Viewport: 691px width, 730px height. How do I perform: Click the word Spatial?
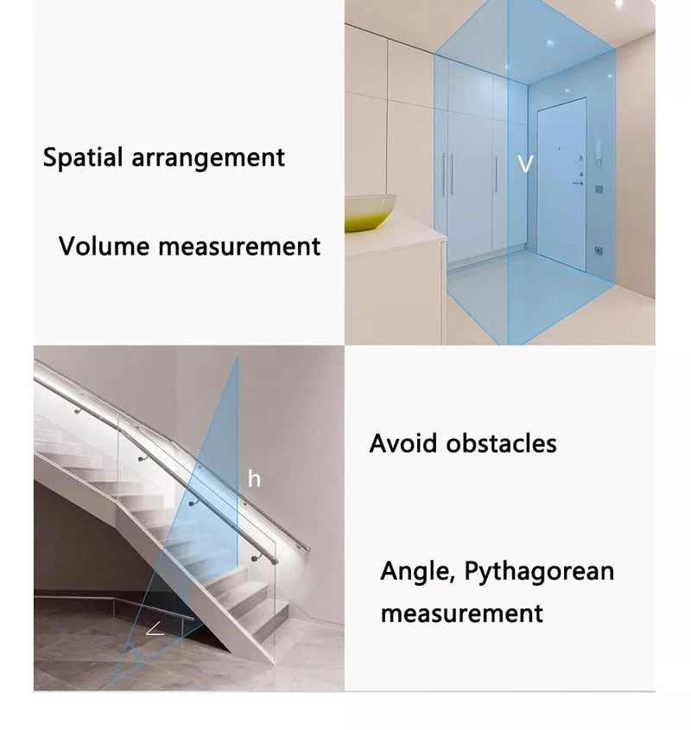82,158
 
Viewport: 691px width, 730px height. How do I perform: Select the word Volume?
104,246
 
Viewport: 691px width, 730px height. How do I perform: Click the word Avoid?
403,442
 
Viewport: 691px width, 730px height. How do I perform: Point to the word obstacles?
502,442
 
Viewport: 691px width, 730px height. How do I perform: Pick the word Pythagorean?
539,573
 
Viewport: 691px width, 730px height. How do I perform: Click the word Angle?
417,572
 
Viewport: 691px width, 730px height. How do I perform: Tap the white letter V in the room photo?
526,164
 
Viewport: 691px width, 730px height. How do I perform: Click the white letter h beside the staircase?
254,479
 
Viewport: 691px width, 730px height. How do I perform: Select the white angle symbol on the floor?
155,629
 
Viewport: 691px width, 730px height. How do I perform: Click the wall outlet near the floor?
599,251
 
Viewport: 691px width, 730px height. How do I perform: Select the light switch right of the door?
599,189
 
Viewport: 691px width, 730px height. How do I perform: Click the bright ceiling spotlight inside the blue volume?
550,43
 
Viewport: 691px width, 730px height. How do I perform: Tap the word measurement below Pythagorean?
462,613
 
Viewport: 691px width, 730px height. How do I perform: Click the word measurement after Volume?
239,246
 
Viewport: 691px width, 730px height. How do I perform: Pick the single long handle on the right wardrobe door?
496,175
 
